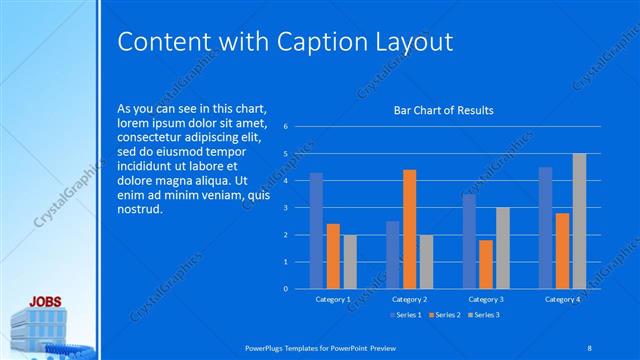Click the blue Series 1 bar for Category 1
(x=316, y=230)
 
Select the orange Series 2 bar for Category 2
(x=409, y=229)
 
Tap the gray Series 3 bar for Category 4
(x=579, y=221)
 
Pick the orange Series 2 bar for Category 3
(x=486, y=264)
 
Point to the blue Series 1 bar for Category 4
(x=545, y=227)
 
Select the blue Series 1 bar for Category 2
(x=392, y=255)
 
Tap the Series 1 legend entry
(x=403, y=315)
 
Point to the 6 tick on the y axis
(x=286, y=127)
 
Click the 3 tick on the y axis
(x=286, y=208)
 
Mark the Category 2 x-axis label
(x=409, y=299)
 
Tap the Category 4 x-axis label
(x=562, y=299)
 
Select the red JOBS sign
(x=46, y=300)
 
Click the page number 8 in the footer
(x=590, y=347)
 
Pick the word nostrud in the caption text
(x=138, y=211)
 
